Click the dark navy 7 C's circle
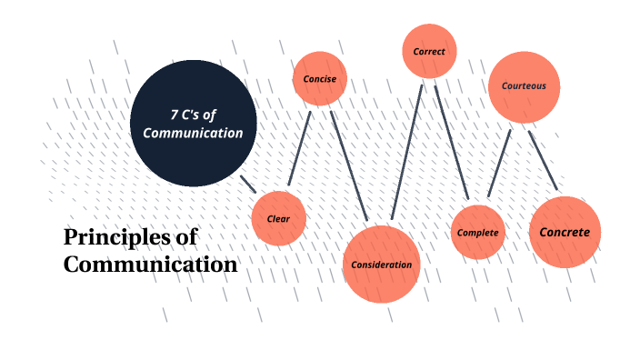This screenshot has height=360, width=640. (194, 122)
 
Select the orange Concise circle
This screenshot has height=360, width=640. (319, 79)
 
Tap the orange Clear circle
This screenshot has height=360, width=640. (278, 219)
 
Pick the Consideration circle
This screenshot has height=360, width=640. (381, 264)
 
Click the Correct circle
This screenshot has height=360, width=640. (429, 51)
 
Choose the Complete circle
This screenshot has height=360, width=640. (477, 233)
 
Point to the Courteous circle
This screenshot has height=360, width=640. (524, 87)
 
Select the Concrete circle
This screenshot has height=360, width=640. (565, 232)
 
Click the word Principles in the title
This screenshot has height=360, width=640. (115, 238)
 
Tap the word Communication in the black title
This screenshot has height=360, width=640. (150, 265)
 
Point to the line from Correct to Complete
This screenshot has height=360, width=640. (451, 143)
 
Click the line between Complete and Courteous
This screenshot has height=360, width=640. (499, 164)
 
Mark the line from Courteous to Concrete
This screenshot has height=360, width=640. (543, 161)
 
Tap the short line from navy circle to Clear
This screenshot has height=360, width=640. (247, 183)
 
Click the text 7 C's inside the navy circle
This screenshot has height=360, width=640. (193, 114)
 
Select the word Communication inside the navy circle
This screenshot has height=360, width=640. (194, 133)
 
